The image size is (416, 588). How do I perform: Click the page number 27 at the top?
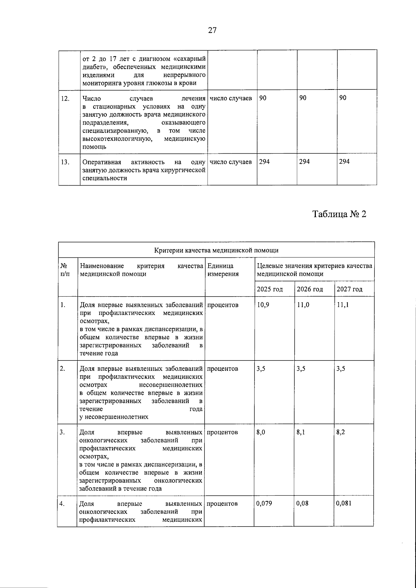coord(212,30)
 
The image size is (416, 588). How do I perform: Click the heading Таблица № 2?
coord(339,214)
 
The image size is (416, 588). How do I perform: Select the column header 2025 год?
coord(270,289)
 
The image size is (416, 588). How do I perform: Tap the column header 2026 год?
coord(310,289)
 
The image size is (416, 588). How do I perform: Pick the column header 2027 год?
coord(349,289)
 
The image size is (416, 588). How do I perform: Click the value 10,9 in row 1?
coord(262,305)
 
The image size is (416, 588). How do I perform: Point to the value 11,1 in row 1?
coord(343,305)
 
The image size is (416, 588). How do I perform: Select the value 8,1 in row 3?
coord(301,432)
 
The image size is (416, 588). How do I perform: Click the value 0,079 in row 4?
coord(264,503)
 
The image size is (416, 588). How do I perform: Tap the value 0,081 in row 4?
coord(344,503)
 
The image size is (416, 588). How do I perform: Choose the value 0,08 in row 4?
coord(302,503)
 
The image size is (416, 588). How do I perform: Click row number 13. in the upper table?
coord(65,162)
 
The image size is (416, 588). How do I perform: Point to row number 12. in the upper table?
coord(65,98)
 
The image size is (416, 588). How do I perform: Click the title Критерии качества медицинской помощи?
coord(216,250)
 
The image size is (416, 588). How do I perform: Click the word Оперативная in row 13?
coord(102,162)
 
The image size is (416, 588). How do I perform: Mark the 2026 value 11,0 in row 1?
coord(303,305)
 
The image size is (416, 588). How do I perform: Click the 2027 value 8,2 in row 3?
coord(341,432)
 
